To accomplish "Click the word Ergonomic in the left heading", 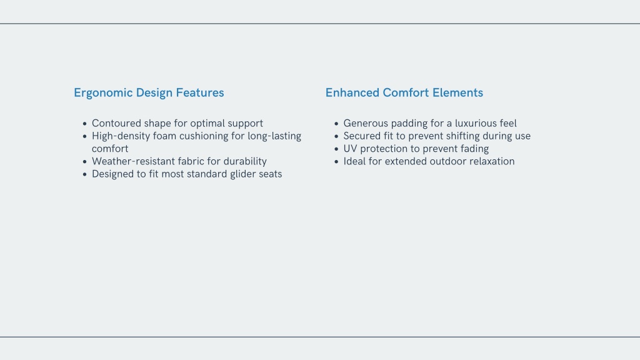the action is (103, 93).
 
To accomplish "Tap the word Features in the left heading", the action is (200, 92).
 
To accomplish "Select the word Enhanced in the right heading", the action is (352, 92).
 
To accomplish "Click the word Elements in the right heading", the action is (457, 92).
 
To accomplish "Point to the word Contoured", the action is (116, 123).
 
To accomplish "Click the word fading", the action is (475, 149).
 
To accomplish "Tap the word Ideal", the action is (354, 161).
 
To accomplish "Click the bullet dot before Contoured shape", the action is (85, 124).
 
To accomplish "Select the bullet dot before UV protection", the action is (336, 149).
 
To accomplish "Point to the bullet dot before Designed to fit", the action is (85, 174).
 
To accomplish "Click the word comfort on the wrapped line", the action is (110, 149).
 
